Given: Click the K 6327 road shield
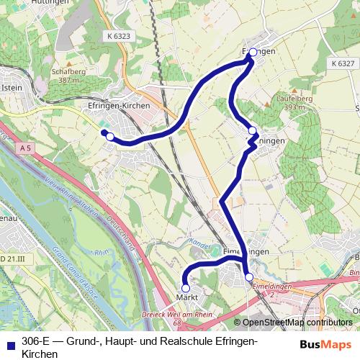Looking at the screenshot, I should (x=343, y=63).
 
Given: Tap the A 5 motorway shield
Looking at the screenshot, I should (x=27, y=148).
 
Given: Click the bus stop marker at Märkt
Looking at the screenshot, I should (x=186, y=288).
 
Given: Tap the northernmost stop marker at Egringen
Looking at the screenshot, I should (x=253, y=53).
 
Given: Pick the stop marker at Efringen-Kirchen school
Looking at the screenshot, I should (x=110, y=136).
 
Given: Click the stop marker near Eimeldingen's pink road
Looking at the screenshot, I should (x=249, y=277).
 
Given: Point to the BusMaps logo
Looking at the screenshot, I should (x=326, y=344).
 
